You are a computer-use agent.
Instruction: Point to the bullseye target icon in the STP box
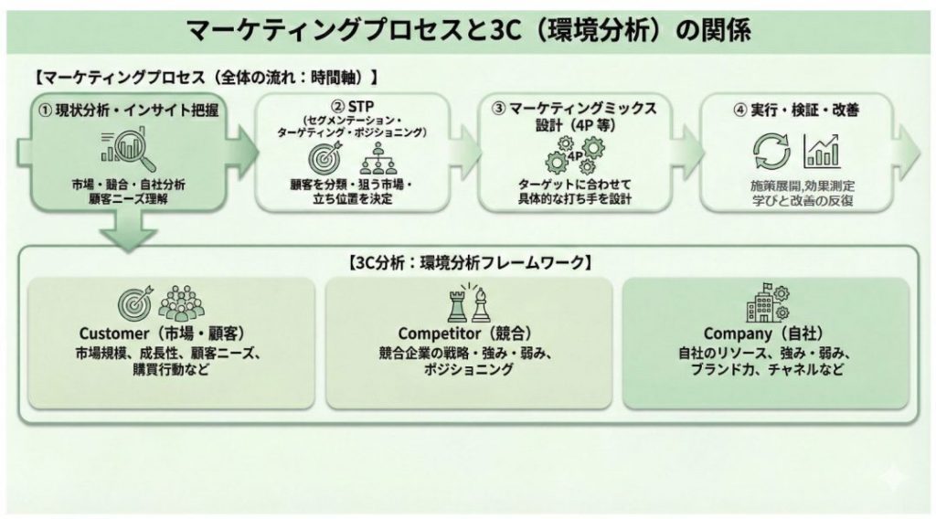point(325,160)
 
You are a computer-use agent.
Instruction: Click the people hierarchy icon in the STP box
point(377,160)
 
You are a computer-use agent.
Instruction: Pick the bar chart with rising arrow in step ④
point(822,151)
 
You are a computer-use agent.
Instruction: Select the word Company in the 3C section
point(736,333)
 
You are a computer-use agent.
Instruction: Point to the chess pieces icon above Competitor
point(466,303)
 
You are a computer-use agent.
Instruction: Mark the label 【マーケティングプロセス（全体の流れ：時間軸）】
point(205,77)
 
